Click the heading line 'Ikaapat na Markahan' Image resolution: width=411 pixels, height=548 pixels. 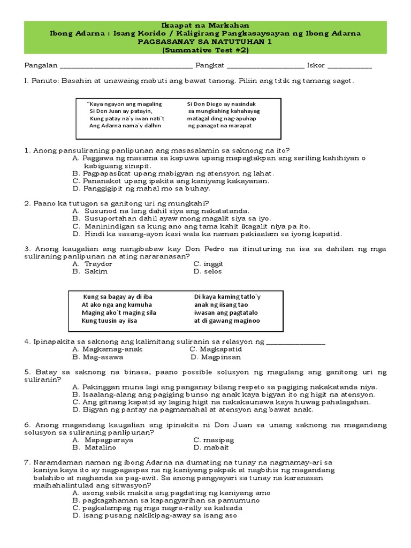coord(205,26)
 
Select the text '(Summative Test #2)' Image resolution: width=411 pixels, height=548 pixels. coord(205,50)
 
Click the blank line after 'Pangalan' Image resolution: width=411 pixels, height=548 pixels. coord(126,66)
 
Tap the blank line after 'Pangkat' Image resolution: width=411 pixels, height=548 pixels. coord(265,66)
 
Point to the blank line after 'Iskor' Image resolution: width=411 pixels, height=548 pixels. coord(349,66)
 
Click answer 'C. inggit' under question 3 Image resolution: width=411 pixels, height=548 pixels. coord(208,264)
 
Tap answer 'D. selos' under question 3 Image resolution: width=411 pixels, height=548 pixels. coord(208,271)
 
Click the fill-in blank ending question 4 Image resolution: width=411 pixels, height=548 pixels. coord(295,342)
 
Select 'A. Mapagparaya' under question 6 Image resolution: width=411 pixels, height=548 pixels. coord(103,440)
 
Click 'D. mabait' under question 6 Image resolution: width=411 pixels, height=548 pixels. coord(209,447)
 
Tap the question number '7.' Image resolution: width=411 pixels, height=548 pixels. coord(28,462)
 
